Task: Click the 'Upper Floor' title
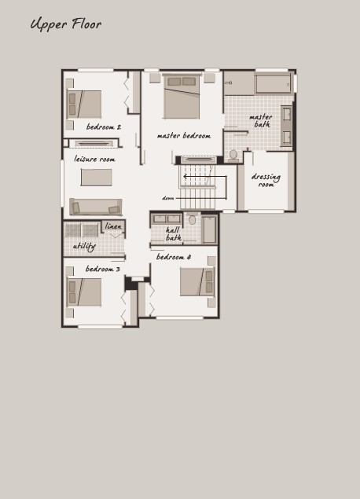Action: (66, 24)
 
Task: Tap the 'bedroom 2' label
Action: (104, 127)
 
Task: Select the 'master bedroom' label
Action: (184, 136)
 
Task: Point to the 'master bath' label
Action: (261, 121)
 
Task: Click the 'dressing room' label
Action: (266, 180)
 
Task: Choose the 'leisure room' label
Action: (94, 159)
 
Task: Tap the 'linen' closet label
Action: (113, 226)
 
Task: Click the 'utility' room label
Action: (84, 246)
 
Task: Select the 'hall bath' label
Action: (174, 234)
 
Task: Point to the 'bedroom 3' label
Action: (102, 269)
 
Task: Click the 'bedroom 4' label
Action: (174, 257)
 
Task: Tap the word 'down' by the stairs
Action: (168, 198)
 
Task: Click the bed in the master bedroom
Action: (182, 97)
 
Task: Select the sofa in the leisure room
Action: (96, 207)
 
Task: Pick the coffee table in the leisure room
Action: (96, 178)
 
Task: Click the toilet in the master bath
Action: (233, 156)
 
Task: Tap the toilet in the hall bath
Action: (192, 218)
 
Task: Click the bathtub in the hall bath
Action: (209, 229)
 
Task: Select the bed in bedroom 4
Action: (197, 282)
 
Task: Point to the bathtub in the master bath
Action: (274, 84)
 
